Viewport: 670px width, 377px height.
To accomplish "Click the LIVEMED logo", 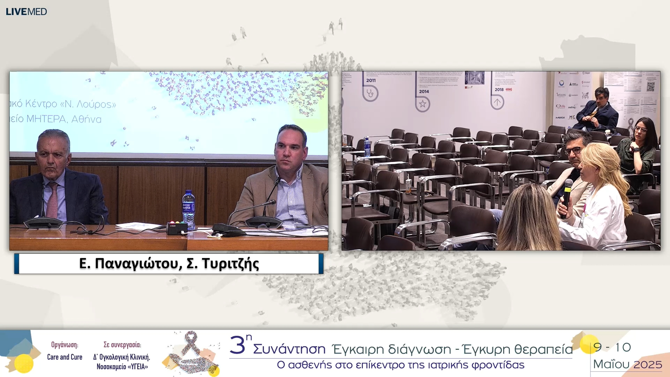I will (26, 12).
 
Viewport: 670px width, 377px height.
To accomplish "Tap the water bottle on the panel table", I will (188, 209).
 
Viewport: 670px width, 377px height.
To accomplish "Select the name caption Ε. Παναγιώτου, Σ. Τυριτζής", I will (169, 264).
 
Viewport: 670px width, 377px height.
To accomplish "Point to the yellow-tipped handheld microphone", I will (567, 197).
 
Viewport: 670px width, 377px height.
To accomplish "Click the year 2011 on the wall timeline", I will (371, 80).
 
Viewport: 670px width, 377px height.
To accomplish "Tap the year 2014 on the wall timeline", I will (424, 91).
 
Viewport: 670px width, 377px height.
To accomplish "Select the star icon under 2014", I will (423, 104).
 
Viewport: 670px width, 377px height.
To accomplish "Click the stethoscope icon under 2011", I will (370, 93).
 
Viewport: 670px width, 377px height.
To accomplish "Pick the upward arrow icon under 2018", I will (497, 102).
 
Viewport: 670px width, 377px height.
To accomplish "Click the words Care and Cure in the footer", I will (65, 357).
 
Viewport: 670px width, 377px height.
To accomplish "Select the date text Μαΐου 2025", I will (627, 364).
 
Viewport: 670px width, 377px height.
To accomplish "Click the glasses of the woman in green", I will (640, 130).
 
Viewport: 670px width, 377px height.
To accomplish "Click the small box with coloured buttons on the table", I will (177, 228).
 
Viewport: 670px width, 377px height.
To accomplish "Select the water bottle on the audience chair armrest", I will (367, 147).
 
